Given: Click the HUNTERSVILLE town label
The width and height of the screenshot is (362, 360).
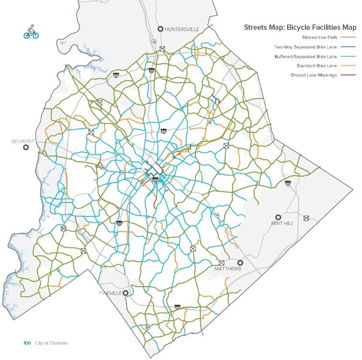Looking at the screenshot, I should coord(181,29).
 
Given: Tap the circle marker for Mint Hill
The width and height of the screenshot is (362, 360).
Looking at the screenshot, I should coord(278,217).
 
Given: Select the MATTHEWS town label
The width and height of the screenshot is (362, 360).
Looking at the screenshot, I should coord(228,269).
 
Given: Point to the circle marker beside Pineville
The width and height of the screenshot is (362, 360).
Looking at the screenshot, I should coord(125,293).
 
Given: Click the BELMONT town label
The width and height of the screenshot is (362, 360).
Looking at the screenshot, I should coord(23,142).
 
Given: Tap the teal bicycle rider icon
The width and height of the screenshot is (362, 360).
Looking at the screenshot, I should coord(31,33).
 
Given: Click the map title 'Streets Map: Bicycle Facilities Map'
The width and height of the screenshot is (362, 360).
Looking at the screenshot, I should coord(300,27).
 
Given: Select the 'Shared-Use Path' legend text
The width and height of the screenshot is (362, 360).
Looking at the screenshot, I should coord(318,37).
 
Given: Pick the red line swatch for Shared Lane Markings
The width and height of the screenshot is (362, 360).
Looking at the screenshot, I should coord(349,75).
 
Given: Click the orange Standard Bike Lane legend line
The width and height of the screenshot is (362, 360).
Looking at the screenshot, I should coord(349,65).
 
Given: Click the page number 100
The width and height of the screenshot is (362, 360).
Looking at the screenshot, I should coord(27,343).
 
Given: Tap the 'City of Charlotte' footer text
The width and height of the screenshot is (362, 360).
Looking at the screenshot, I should coord(51,343).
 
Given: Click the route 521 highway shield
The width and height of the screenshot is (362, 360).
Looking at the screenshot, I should coord(147,327).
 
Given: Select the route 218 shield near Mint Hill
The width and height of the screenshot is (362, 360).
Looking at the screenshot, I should coord(306,218).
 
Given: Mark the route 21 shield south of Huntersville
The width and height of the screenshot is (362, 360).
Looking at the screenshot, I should coord(154,42).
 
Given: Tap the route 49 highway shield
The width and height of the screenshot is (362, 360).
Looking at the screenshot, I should coord(84,251).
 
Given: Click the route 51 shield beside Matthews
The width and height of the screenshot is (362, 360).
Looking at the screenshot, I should coord(221,263).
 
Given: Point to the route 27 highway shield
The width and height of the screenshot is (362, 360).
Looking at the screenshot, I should coord(91,132).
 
